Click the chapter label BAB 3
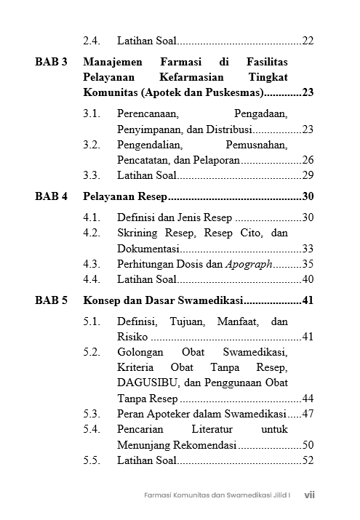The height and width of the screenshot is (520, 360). [51, 63]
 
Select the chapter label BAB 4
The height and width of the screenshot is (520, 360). [51, 196]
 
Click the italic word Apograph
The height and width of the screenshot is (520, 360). [249, 264]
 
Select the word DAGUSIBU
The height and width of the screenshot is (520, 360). [142, 383]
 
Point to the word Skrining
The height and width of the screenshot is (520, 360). [139, 233]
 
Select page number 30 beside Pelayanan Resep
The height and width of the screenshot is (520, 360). [308, 196]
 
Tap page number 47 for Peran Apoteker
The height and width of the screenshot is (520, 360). [308, 414]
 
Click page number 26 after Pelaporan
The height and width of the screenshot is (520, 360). [308, 160]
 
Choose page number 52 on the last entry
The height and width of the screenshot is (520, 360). [308, 460]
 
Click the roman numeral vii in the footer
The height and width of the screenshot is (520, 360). [309, 495]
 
